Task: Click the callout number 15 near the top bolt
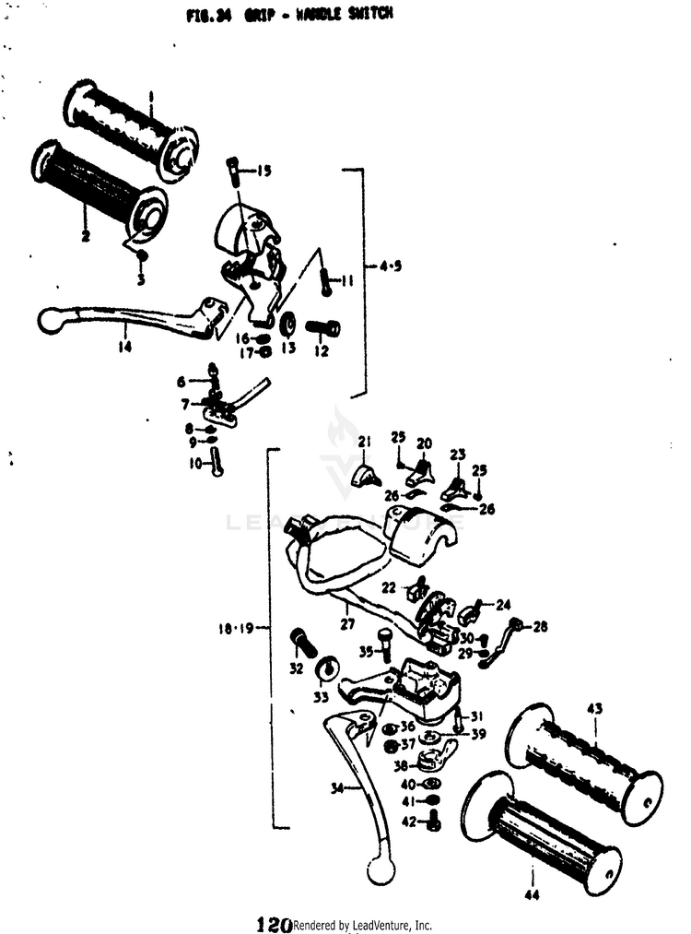[x=264, y=171]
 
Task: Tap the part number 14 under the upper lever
[x=124, y=348]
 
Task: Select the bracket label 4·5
[x=391, y=266]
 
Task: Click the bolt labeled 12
[x=323, y=327]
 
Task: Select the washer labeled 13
[x=287, y=325]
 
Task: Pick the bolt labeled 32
[x=301, y=641]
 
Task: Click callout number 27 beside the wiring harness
[x=346, y=623]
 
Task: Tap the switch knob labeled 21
[x=366, y=475]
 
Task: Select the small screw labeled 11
[x=326, y=282]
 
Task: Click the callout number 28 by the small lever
[x=539, y=627]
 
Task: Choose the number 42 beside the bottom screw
[x=407, y=821]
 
